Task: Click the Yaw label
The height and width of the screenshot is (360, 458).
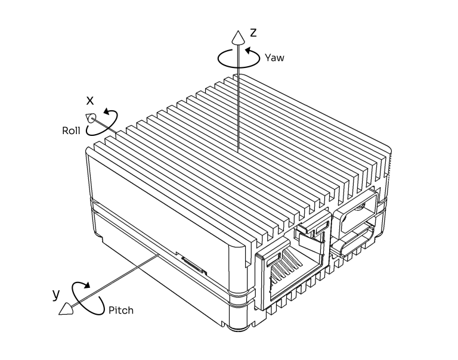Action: click(x=274, y=58)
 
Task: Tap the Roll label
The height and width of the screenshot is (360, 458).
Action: click(x=71, y=131)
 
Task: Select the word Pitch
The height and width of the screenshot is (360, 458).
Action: click(x=121, y=310)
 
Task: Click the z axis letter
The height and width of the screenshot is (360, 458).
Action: click(x=253, y=33)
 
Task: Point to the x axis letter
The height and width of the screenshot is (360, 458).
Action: click(x=90, y=101)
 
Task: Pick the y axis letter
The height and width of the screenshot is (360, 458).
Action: click(x=56, y=294)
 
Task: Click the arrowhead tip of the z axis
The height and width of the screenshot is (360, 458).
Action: click(x=238, y=30)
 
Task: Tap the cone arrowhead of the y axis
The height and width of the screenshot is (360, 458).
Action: click(x=66, y=309)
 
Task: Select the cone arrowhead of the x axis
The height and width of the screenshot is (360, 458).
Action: click(x=90, y=118)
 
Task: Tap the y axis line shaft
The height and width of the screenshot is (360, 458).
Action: click(x=115, y=281)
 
